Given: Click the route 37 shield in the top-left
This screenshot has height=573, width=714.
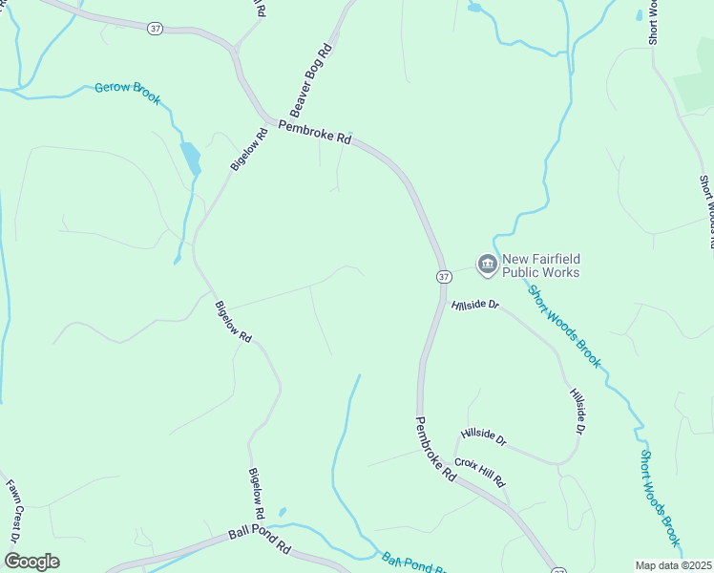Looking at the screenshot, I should click(156, 30).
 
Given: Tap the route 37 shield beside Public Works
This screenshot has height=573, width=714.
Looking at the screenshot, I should click(444, 276).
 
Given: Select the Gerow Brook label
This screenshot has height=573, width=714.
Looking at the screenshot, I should click(127, 93).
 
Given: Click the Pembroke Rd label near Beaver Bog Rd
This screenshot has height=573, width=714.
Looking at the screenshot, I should click(315, 133).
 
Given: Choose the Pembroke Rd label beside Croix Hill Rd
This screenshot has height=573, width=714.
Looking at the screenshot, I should click(435, 449).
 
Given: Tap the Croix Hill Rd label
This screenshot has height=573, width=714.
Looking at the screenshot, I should click(479, 472).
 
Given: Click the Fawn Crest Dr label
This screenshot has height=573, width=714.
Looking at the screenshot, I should click(15, 511).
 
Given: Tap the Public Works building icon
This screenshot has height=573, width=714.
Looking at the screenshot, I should click(488, 264).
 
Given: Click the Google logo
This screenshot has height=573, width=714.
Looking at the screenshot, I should click(31, 562).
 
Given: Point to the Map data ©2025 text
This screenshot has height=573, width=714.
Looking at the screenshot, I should click(674, 565).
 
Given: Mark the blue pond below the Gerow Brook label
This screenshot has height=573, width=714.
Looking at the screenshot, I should click(191, 158).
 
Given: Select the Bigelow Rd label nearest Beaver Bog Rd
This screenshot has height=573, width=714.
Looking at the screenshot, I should click(248, 149).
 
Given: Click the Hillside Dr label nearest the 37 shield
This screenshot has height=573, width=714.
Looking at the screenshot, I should click(475, 305).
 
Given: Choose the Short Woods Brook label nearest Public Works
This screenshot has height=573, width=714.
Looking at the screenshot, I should click(564, 326).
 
